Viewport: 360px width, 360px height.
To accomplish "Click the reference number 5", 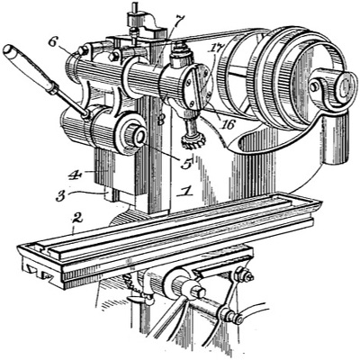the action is pyautogui.click(x=186, y=164).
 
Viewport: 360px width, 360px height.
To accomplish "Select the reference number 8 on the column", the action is pyautogui.click(x=161, y=121).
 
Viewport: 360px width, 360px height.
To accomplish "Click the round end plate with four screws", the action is pyautogui.click(x=198, y=86).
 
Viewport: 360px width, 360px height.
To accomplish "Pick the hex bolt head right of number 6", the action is pyautogui.click(x=114, y=56).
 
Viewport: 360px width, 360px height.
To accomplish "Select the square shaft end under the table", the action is pyautogui.click(x=198, y=292).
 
